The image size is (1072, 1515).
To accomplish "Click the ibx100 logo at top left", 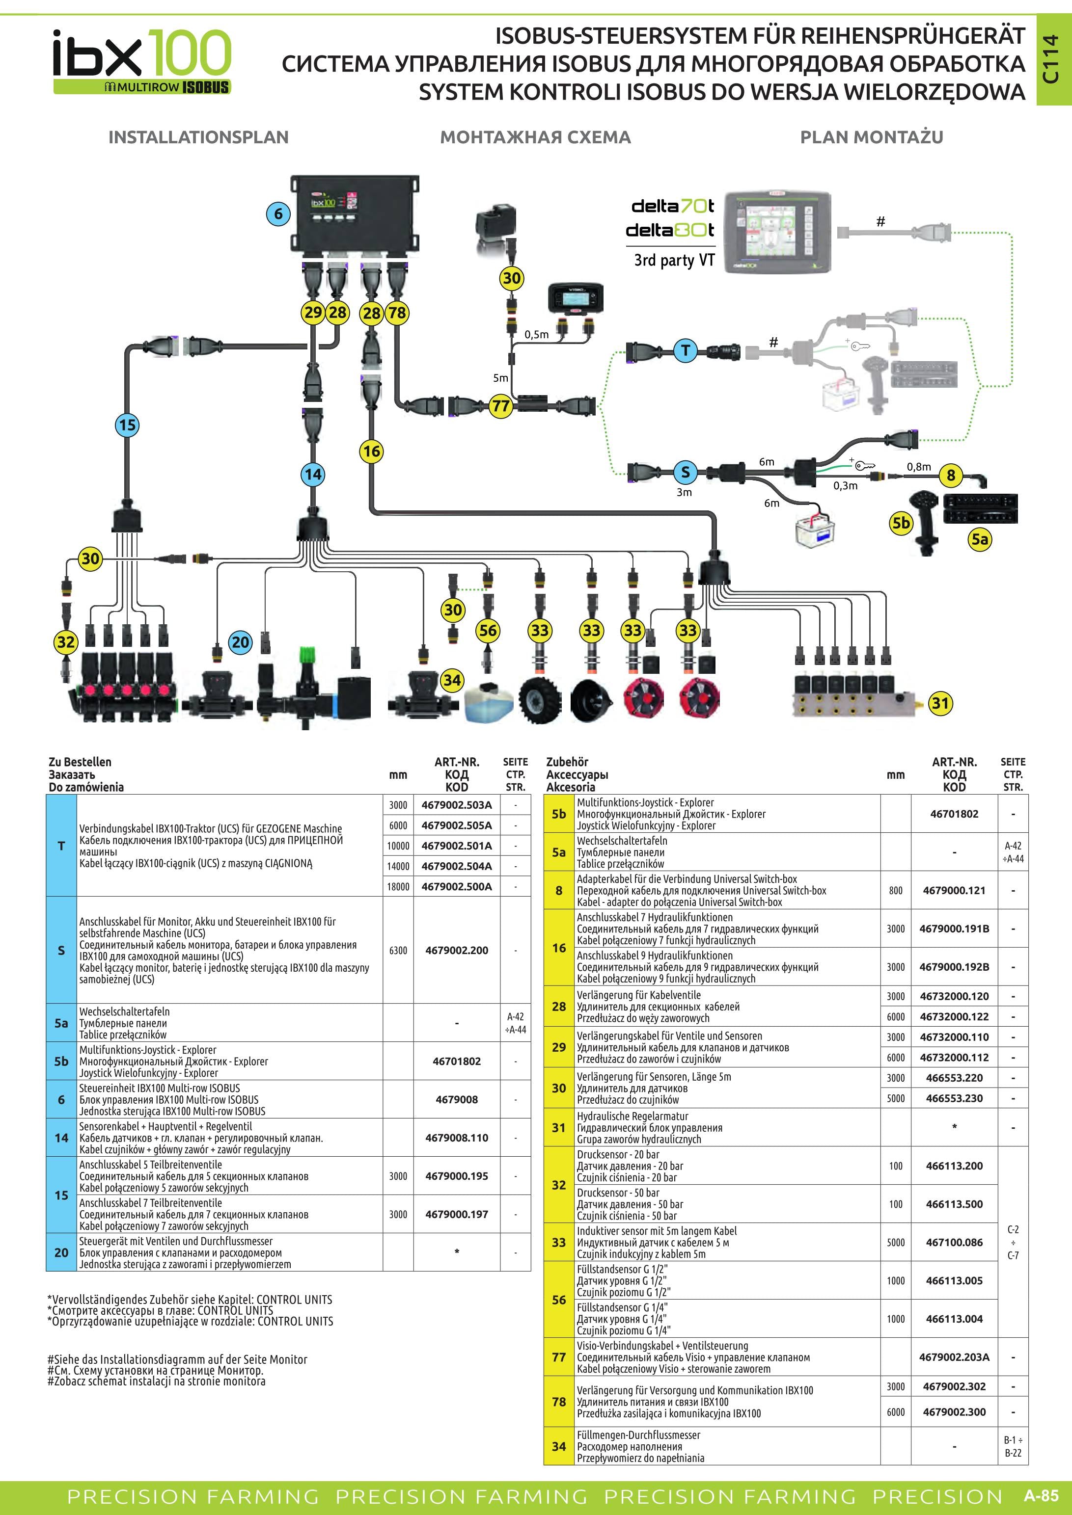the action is click(x=142, y=61).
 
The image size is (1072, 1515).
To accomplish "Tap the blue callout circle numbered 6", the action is click(x=278, y=213).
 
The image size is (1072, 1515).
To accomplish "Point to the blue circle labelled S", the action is click(x=685, y=472).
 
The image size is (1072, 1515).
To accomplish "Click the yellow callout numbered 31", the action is click(x=940, y=703).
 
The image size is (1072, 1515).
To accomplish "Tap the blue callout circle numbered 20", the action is click(x=240, y=642).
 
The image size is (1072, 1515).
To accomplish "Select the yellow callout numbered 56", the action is click(x=488, y=630).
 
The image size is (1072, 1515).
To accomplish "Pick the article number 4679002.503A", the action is click(x=456, y=805).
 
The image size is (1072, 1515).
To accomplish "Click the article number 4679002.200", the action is click(x=456, y=950).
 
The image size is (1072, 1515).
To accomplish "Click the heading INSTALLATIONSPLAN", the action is click(x=199, y=137).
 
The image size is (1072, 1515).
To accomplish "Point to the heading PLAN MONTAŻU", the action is click(x=871, y=137).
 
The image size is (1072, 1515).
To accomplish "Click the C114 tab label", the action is click(x=1051, y=59).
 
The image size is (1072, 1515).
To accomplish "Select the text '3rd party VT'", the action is click(x=674, y=260).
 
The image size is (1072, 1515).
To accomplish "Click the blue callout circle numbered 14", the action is click(x=313, y=474).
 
